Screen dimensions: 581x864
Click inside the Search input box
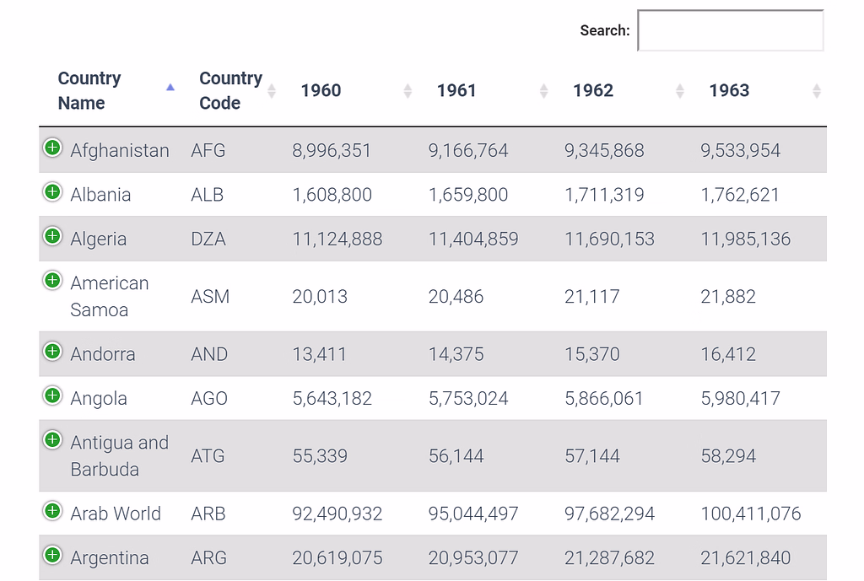tap(730, 31)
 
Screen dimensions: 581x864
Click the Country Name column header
tap(89, 90)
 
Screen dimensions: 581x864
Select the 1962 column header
tap(593, 90)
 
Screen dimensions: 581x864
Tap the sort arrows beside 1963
tap(816, 91)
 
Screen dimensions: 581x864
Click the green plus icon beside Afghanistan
tap(52, 148)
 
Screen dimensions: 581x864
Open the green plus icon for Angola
tap(52, 395)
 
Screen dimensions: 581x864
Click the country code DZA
tap(208, 239)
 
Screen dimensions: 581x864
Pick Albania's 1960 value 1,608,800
tap(332, 195)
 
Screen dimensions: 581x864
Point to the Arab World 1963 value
tap(750, 514)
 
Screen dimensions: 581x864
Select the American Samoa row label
tap(109, 296)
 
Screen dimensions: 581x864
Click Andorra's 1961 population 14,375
tap(456, 354)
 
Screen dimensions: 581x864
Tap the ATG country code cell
tap(208, 456)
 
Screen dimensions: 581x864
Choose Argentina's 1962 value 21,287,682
tap(609, 558)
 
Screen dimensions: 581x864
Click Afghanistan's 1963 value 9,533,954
tap(740, 151)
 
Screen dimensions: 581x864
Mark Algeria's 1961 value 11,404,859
tap(473, 239)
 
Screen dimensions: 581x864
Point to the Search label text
tap(604, 30)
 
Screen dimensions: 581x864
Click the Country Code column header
tap(230, 90)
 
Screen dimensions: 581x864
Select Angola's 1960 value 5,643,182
tap(332, 398)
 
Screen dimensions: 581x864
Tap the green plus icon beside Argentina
tap(52, 555)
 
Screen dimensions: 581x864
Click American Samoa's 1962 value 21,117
tap(591, 296)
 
